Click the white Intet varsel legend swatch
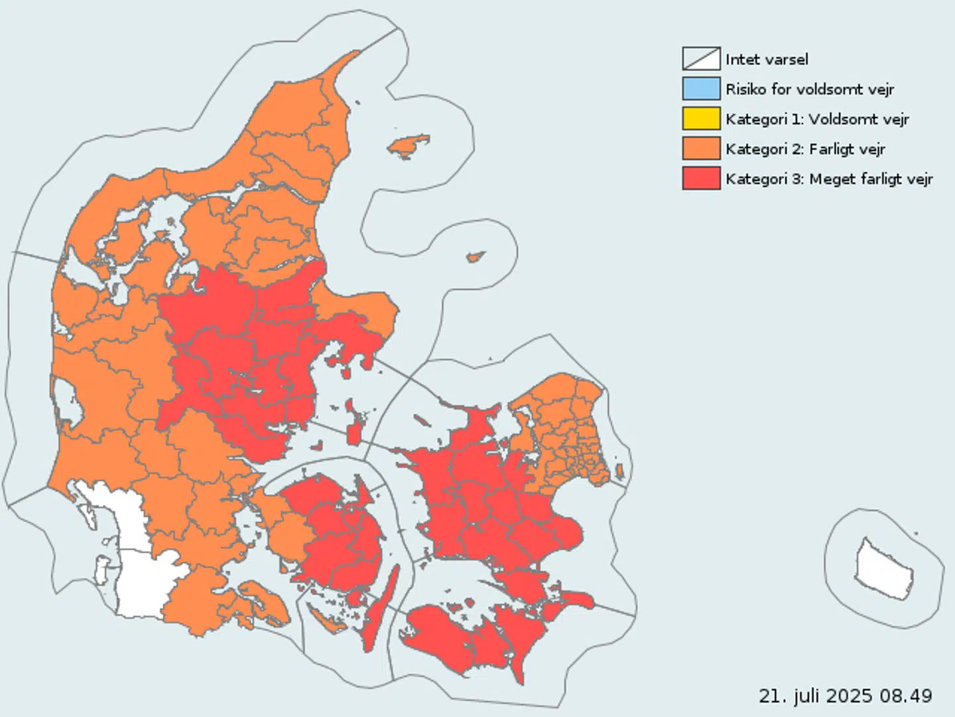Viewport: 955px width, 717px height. click(x=701, y=59)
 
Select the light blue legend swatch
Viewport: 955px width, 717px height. click(x=701, y=89)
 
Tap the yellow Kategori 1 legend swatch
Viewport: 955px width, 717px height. click(x=701, y=119)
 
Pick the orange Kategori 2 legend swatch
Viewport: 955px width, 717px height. click(x=701, y=149)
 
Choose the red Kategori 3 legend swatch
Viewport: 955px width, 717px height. click(x=701, y=179)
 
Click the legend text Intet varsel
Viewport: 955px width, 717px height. click(x=767, y=59)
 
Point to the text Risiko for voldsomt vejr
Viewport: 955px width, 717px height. click(x=810, y=89)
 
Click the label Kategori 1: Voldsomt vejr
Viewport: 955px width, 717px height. click(x=817, y=119)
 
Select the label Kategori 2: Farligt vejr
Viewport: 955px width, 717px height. click(x=805, y=149)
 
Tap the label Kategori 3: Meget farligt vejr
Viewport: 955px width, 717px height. click(x=829, y=179)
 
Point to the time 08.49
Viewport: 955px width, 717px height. click(x=907, y=695)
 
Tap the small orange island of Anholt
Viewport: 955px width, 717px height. click(x=475, y=257)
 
